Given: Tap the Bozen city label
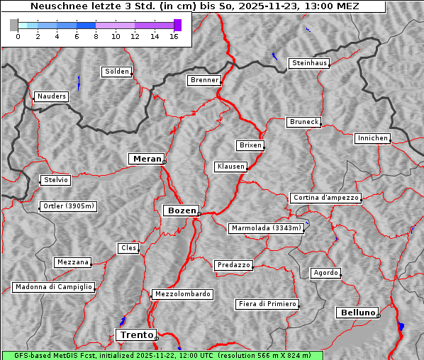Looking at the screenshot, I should [x=181, y=210].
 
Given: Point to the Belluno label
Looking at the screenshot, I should [x=357, y=312].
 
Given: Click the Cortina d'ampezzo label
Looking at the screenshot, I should [x=325, y=198].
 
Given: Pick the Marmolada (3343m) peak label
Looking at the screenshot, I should [x=267, y=228].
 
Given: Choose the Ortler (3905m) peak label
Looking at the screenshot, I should [x=67, y=207].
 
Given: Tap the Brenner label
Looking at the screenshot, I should [x=205, y=80].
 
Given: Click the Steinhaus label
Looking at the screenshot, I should [x=310, y=64].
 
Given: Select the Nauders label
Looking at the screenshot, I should [x=52, y=96].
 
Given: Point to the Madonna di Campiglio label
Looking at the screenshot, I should [x=53, y=287].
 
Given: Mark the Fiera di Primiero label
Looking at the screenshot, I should [x=267, y=304].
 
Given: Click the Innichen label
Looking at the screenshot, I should [x=372, y=138].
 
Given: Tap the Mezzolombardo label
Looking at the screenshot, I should [x=182, y=294].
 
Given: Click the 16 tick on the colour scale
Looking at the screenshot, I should [x=174, y=36].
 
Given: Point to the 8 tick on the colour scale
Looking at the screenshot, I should [x=96, y=36].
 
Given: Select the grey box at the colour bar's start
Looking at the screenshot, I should [x=14, y=25].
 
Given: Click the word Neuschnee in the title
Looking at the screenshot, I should [x=55, y=6].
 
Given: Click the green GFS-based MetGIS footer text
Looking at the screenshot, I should [x=162, y=355].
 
